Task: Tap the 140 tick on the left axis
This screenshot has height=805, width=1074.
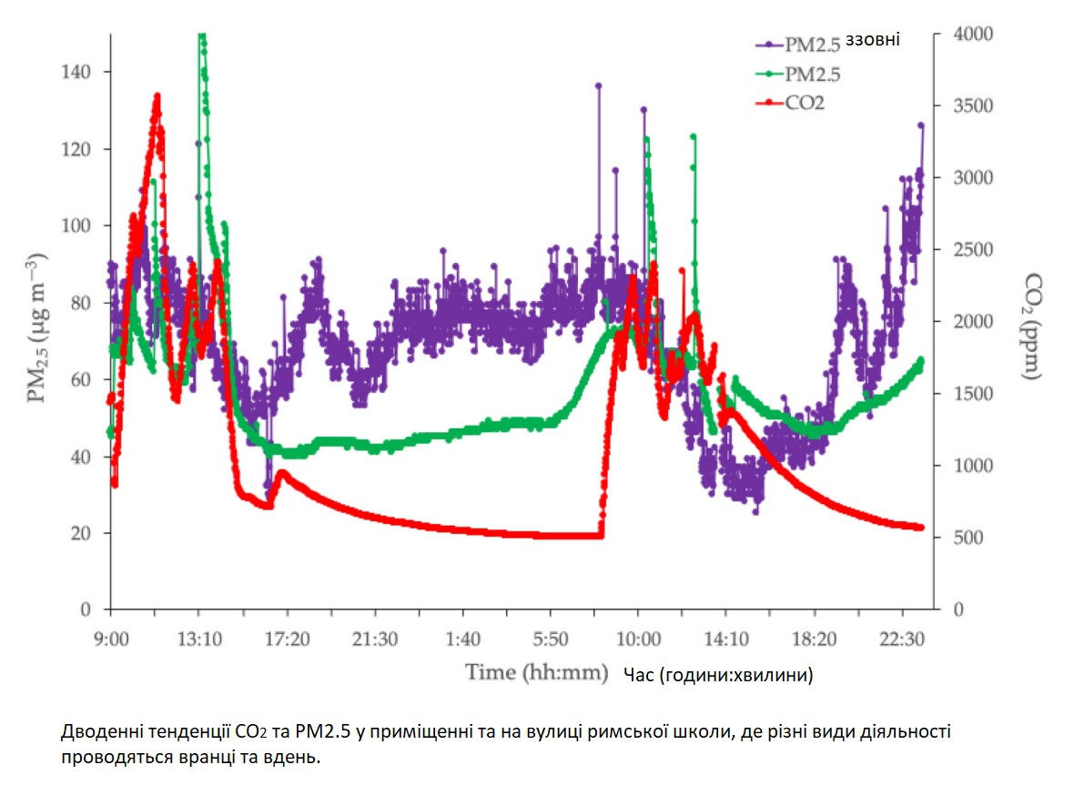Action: click(x=86, y=72)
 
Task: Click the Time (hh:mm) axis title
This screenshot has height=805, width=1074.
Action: click(x=536, y=673)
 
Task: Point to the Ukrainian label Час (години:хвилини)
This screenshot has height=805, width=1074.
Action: click(x=719, y=675)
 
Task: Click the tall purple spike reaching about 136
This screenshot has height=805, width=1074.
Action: click(x=599, y=86)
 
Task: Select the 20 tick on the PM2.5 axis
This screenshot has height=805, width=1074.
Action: click(x=90, y=533)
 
